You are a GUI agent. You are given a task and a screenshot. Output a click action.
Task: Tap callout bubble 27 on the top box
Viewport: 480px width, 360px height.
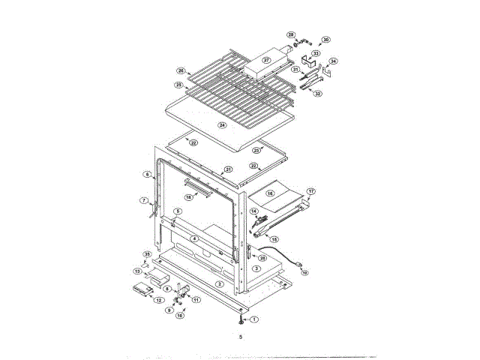266,60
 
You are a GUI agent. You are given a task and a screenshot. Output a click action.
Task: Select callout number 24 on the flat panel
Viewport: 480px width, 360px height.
222,124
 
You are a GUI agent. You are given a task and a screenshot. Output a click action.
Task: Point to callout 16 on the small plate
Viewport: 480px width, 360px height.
271,193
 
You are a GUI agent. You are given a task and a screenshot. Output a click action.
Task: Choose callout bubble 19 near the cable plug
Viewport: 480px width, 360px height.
304,273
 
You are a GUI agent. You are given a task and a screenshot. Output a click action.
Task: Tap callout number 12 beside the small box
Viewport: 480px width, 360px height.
159,300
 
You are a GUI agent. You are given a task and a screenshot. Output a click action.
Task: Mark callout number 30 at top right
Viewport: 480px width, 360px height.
325,40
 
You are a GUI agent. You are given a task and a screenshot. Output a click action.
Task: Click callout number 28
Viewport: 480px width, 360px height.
292,34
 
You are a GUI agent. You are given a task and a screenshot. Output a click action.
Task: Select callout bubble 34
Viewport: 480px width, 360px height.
334,61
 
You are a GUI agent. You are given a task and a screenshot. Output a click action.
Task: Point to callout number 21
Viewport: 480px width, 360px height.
228,169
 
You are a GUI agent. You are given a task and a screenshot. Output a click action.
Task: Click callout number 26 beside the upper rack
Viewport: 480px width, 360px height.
181,70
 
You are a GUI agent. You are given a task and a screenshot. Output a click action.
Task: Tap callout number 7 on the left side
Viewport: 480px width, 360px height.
144,200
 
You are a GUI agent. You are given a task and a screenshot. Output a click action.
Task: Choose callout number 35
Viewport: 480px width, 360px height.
147,256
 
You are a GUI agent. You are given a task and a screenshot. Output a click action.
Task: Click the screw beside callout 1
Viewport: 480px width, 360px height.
240,319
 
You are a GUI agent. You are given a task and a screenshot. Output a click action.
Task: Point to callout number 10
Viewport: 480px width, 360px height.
180,316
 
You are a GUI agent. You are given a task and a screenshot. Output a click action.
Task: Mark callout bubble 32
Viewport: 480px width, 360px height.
318,93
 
